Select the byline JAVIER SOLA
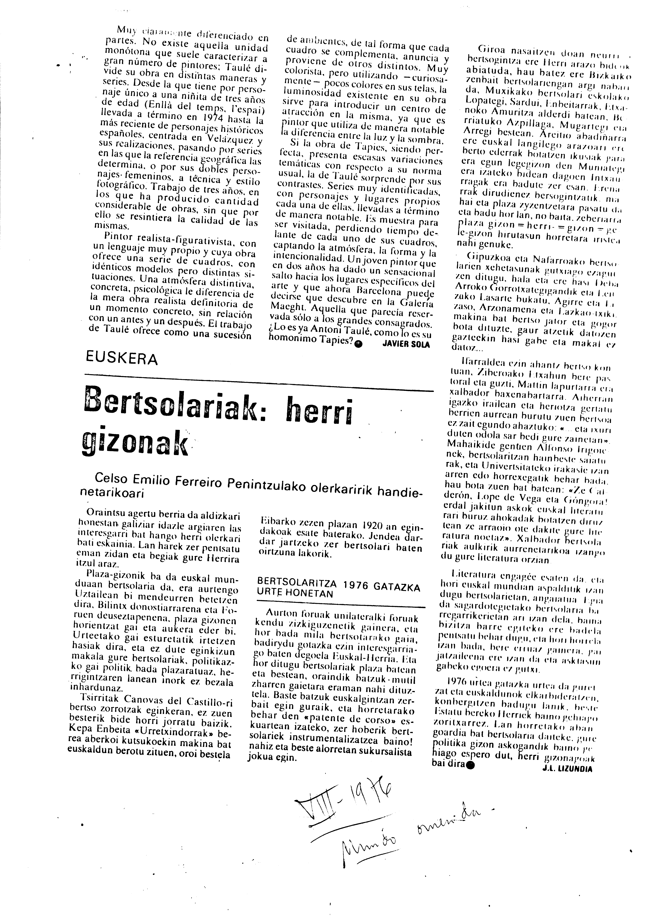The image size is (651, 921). (x=406, y=345)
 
